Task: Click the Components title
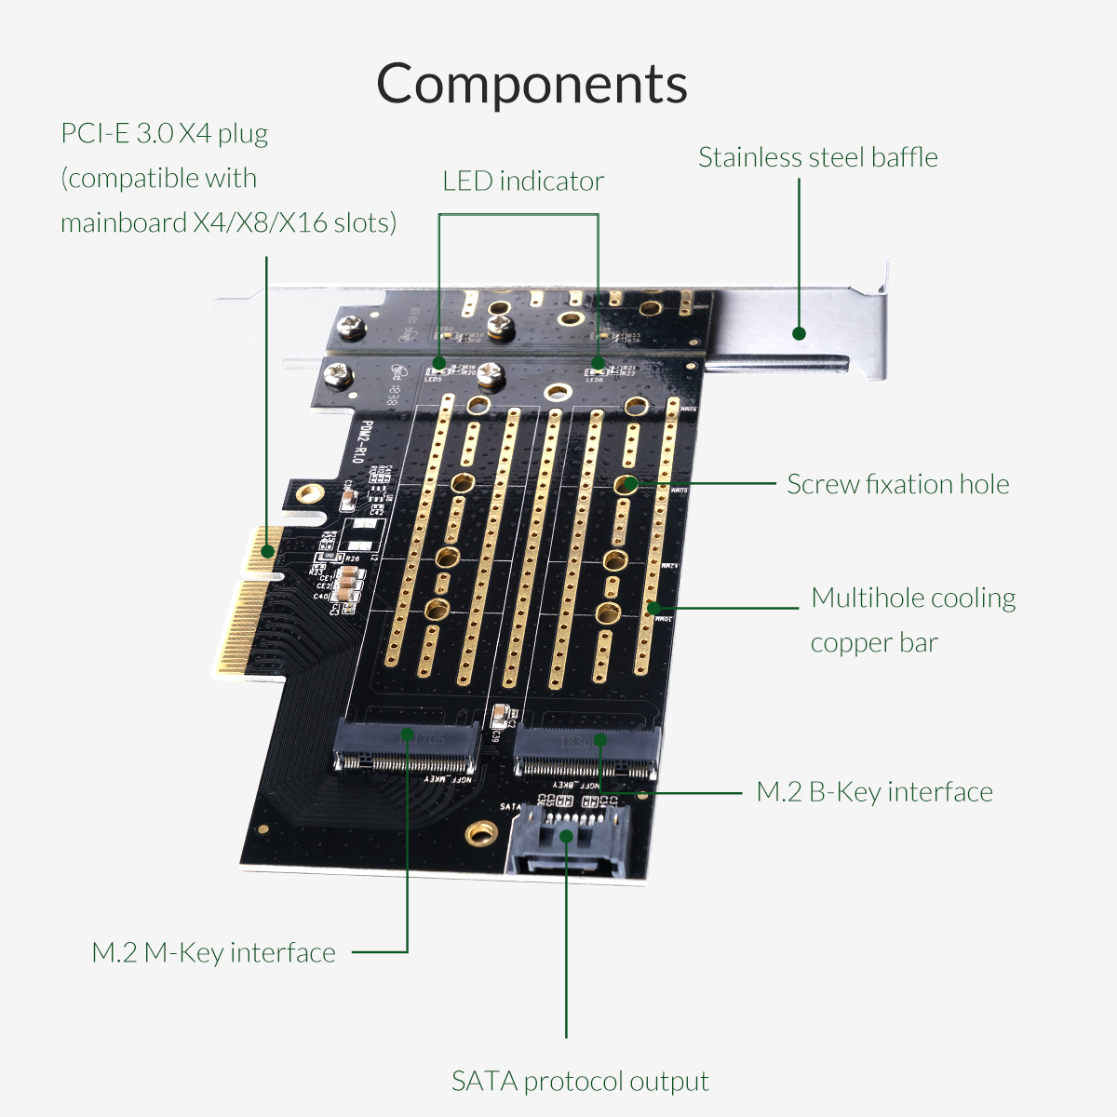coord(532,85)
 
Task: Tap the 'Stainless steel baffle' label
coord(817,157)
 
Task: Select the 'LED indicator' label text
coord(522,181)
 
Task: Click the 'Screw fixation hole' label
coord(897,484)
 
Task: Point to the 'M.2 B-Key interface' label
coord(874,792)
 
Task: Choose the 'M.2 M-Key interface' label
coord(213,952)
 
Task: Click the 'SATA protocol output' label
coord(579,1081)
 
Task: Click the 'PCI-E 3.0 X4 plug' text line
coord(164,133)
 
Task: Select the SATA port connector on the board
coord(569,838)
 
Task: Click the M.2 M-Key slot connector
coord(408,750)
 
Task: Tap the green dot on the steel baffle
coord(798,333)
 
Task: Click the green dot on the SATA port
coord(566,836)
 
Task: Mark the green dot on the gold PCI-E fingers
coord(267,551)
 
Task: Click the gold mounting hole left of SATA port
coord(479,832)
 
